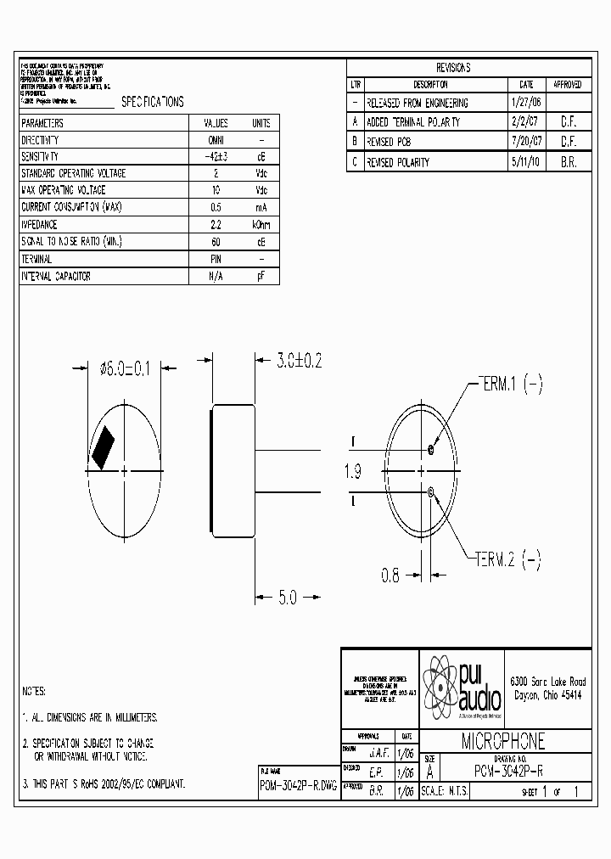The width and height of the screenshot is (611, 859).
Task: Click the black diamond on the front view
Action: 104,446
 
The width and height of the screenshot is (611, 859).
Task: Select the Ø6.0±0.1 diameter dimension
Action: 124,368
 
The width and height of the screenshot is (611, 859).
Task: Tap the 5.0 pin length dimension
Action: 288,597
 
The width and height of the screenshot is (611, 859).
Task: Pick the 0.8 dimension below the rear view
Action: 390,575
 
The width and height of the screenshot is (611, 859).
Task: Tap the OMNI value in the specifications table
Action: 216,140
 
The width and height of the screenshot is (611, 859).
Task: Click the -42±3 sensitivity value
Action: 216,156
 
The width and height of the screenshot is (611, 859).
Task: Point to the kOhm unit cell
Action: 261,225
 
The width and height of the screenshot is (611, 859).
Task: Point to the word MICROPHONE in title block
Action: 503,741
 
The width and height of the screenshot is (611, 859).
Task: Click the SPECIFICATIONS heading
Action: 152,102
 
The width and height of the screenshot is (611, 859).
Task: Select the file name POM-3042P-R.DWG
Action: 298,787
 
